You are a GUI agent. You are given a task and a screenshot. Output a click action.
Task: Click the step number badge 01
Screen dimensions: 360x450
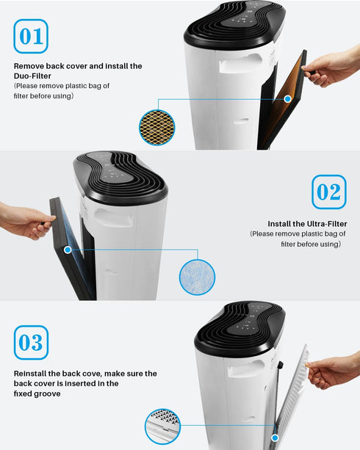pos(31,36)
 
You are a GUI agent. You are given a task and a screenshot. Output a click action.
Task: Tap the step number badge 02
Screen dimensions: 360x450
pos(329,192)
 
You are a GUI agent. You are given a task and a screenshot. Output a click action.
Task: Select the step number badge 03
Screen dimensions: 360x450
pos(31,342)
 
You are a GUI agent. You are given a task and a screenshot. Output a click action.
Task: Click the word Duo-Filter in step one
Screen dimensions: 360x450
pos(32,76)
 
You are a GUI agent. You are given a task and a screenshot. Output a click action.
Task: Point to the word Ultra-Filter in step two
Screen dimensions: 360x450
pos(327,224)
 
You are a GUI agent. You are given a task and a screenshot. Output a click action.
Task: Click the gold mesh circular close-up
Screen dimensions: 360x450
pos(157,128)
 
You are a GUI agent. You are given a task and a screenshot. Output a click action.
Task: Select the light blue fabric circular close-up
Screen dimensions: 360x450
pos(197,277)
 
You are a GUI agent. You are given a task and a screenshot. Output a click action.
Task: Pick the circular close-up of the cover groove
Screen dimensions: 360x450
pos(162,427)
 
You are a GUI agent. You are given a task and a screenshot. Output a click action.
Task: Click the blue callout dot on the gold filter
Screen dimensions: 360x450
pos(287,99)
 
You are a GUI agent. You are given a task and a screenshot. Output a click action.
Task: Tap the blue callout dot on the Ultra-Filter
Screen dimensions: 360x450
pos(68,250)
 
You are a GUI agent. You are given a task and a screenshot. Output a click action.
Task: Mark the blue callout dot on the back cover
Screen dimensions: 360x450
pos(275,438)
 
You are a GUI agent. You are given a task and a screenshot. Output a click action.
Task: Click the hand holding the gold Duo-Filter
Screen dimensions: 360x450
pos(331,68)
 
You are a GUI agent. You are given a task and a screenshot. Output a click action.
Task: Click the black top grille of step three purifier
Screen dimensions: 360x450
pos(240,328)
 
